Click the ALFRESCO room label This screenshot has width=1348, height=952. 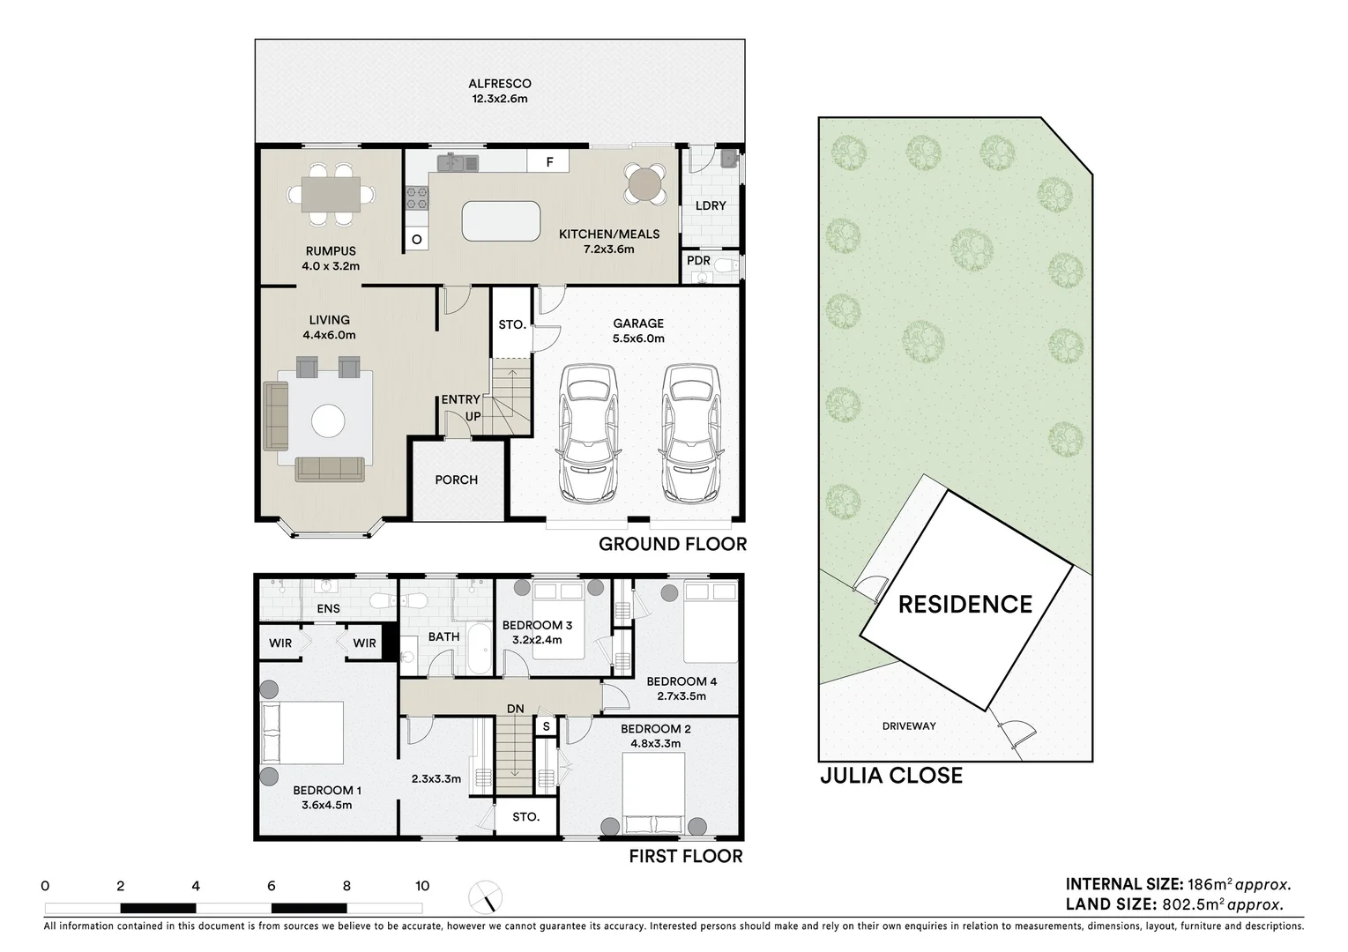(500, 84)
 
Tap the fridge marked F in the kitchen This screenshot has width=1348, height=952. (548, 161)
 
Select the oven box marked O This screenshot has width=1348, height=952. (416, 240)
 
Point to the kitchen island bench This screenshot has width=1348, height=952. (501, 221)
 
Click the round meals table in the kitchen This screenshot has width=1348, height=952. (644, 183)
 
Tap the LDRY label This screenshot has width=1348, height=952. (711, 205)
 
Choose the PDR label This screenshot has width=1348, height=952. (698, 261)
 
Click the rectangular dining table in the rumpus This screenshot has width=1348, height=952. (331, 195)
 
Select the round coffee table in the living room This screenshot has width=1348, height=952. (328, 420)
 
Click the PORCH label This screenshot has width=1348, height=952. (456, 480)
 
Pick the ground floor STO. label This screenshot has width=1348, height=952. (512, 325)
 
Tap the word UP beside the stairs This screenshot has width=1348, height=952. (473, 416)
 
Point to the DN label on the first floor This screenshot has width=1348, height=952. (515, 709)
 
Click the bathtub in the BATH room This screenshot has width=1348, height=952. (480, 649)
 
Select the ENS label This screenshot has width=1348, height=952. (328, 608)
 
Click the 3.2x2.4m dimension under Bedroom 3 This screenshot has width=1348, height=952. (537, 640)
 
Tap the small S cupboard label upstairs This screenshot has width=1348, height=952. (547, 726)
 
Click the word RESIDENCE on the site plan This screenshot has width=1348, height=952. (965, 604)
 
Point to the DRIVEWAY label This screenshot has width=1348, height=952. (909, 725)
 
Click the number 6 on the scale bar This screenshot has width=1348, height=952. (272, 886)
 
